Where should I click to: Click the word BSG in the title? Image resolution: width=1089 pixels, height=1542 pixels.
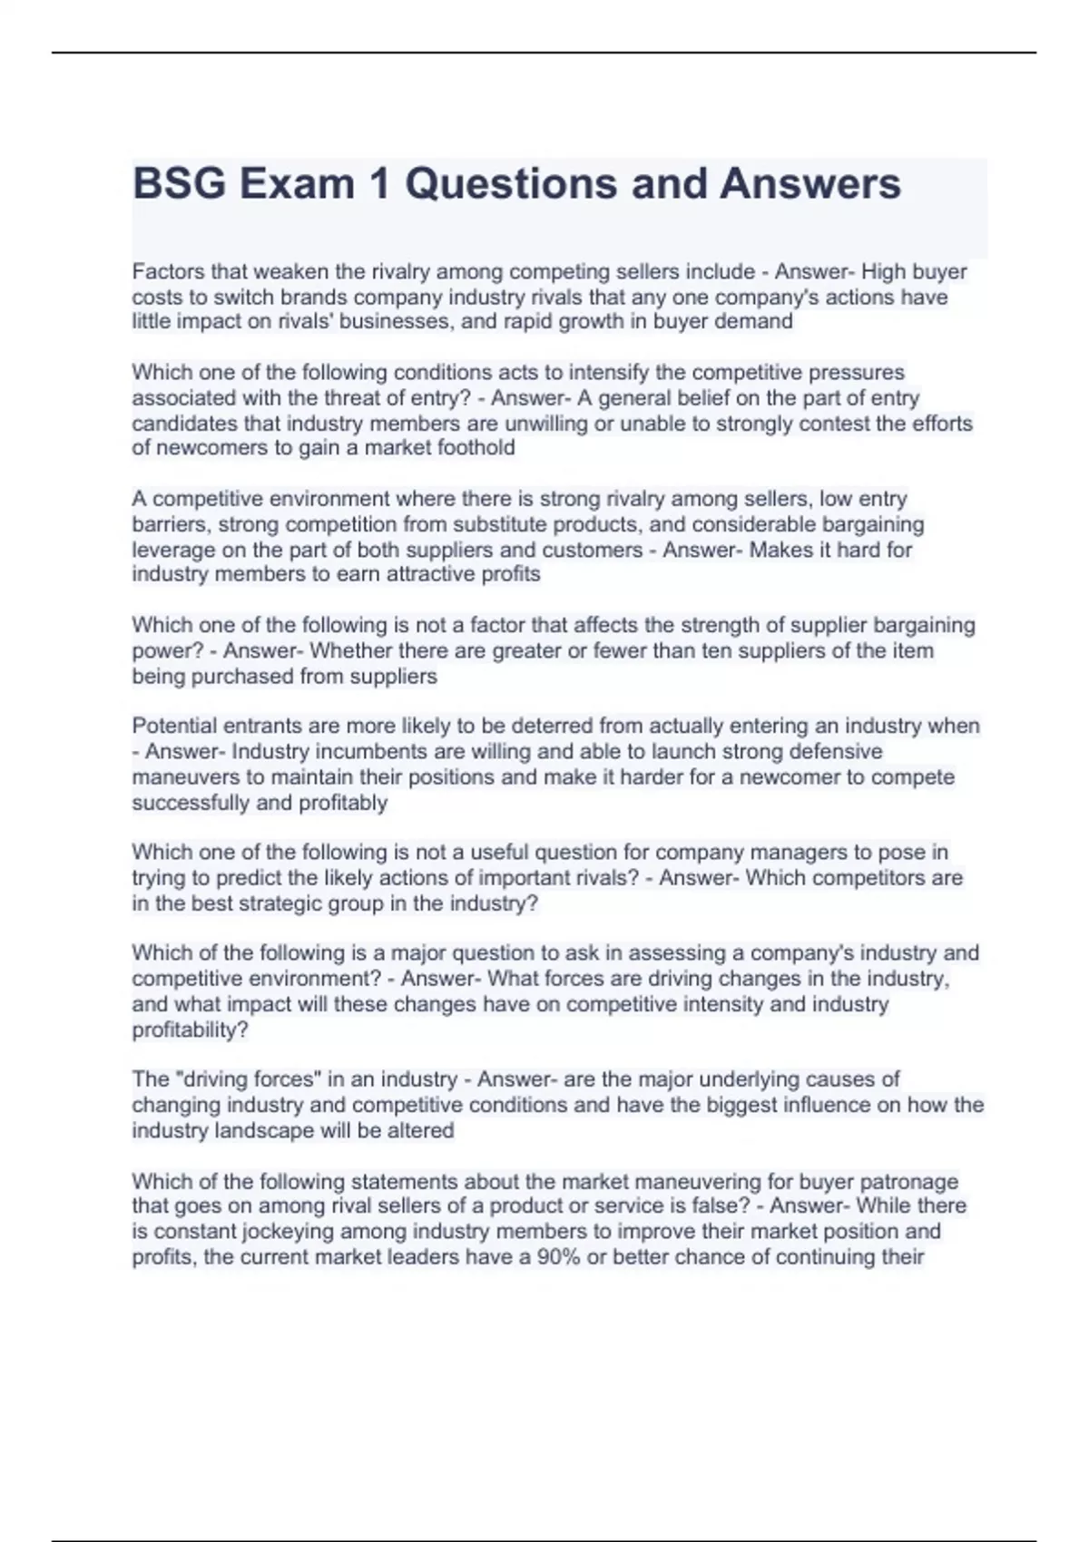(179, 184)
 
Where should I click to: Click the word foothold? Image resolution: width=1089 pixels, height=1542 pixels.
(476, 448)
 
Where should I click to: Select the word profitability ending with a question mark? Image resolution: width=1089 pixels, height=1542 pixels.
(190, 1030)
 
